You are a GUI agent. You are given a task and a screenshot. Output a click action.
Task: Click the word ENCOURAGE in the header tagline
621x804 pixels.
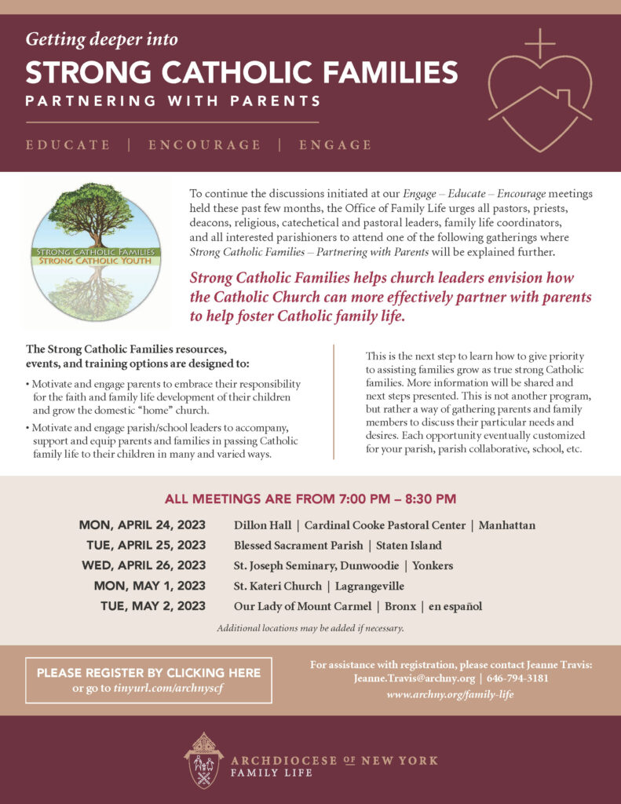click(x=204, y=145)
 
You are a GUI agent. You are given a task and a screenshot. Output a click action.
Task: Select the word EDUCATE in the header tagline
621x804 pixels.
click(x=68, y=145)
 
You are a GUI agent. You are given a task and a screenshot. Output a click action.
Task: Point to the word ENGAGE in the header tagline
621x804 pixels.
click(x=335, y=145)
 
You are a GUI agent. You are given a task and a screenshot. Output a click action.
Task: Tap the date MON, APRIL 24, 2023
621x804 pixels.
click(x=142, y=525)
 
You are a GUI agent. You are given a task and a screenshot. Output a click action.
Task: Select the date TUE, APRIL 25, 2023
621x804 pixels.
click(x=146, y=546)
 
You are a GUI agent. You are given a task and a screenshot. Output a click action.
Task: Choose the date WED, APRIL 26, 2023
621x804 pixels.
click(x=144, y=565)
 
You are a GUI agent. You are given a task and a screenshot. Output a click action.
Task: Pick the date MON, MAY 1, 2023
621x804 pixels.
click(x=149, y=586)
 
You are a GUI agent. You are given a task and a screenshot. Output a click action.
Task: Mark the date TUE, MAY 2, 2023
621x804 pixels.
click(x=153, y=606)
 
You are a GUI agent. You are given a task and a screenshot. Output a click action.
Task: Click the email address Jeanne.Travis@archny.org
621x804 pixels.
click(x=414, y=679)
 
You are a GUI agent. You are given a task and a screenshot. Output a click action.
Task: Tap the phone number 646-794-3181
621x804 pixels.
click(x=517, y=679)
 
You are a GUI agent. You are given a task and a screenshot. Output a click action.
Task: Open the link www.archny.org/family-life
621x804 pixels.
click(x=450, y=695)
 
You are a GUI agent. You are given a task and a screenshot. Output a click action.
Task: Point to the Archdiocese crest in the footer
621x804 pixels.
click(x=203, y=760)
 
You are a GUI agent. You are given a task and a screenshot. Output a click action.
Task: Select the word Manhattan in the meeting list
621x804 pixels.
click(x=506, y=525)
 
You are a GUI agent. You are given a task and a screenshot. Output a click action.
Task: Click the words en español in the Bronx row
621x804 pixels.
click(x=455, y=606)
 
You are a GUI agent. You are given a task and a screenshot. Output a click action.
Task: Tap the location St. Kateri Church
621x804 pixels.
click(x=277, y=586)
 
